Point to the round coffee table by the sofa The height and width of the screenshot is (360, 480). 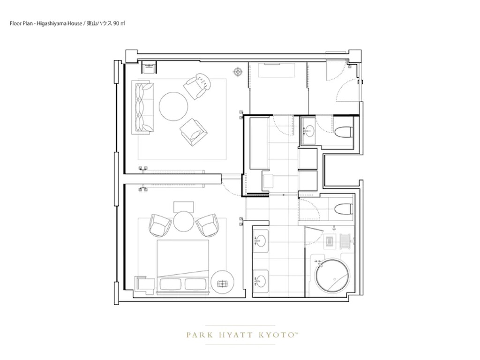point(173,106)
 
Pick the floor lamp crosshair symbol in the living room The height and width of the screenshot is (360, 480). point(238,72)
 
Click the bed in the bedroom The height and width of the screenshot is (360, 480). point(183,267)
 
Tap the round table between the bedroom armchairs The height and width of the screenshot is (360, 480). point(184,221)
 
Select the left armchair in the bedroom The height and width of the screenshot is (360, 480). point(160,225)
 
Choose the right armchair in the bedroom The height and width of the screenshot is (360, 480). point(207,225)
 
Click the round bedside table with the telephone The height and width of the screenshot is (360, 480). point(223,283)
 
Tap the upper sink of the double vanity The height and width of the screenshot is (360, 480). point(261,240)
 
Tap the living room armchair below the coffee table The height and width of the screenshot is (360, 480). point(194,133)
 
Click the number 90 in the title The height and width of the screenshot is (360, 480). point(116,23)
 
